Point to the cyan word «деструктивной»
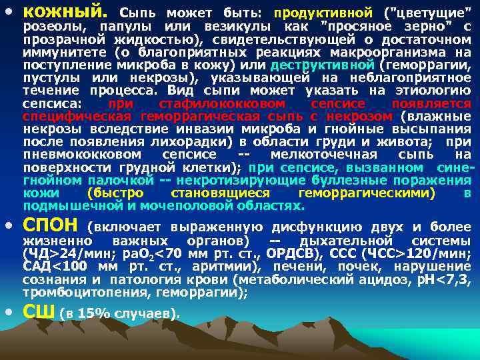click(x=323, y=65)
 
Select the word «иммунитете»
click(x=59, y=52)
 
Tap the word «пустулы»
click(x=49, y=78)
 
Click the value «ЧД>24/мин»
click(x=60, y=253)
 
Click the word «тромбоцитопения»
click(x=77, y=293)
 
